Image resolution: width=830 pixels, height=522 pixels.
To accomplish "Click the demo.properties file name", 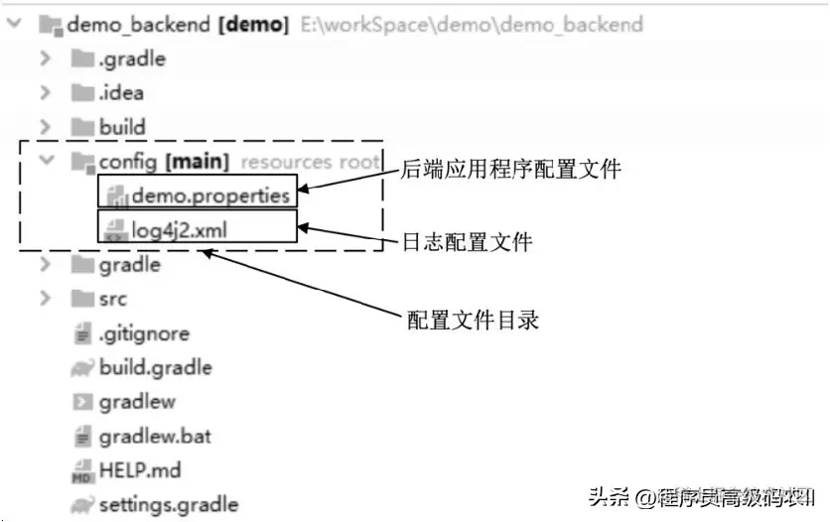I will click(209, 196).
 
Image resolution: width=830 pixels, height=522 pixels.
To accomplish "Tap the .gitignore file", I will click(143, 333).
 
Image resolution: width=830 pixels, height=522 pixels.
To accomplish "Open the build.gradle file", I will click(155, 368).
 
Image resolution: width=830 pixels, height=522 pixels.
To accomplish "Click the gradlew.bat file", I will click(154, 436).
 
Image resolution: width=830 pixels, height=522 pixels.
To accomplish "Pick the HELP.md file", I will click(139, 470).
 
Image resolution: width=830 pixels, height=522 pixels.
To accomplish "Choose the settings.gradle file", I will click(168, 504).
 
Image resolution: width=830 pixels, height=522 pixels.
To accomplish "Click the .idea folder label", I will click(120, 93).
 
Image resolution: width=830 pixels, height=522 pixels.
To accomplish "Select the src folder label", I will click(112, 299).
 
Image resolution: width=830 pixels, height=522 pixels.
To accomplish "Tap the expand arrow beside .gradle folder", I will click(45, 59).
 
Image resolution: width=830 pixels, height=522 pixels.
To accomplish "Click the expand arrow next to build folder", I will click(45, 127).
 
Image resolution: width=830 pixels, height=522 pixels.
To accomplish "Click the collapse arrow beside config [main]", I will click(45, 161).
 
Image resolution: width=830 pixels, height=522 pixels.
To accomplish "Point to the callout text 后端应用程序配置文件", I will click(510, 170).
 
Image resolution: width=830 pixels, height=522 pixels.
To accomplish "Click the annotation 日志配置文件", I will click(467, 241).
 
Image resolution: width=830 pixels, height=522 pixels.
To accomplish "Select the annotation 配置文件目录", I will click(474, 321).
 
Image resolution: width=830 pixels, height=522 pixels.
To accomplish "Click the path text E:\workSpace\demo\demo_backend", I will click(472, 24).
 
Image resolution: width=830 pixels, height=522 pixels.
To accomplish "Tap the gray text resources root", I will click(310, 161).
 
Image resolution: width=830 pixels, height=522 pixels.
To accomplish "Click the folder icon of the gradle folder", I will click(81, 265).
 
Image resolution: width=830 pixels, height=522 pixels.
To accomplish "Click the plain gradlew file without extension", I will click(136, 402).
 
